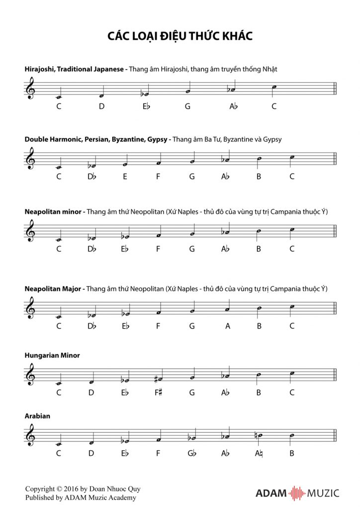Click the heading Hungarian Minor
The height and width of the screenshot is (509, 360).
point(52,355)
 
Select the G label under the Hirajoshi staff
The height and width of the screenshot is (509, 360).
point(187,105)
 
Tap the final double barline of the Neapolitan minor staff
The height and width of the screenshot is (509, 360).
point(336,232)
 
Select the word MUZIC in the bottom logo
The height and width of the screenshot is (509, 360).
point(322,493)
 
